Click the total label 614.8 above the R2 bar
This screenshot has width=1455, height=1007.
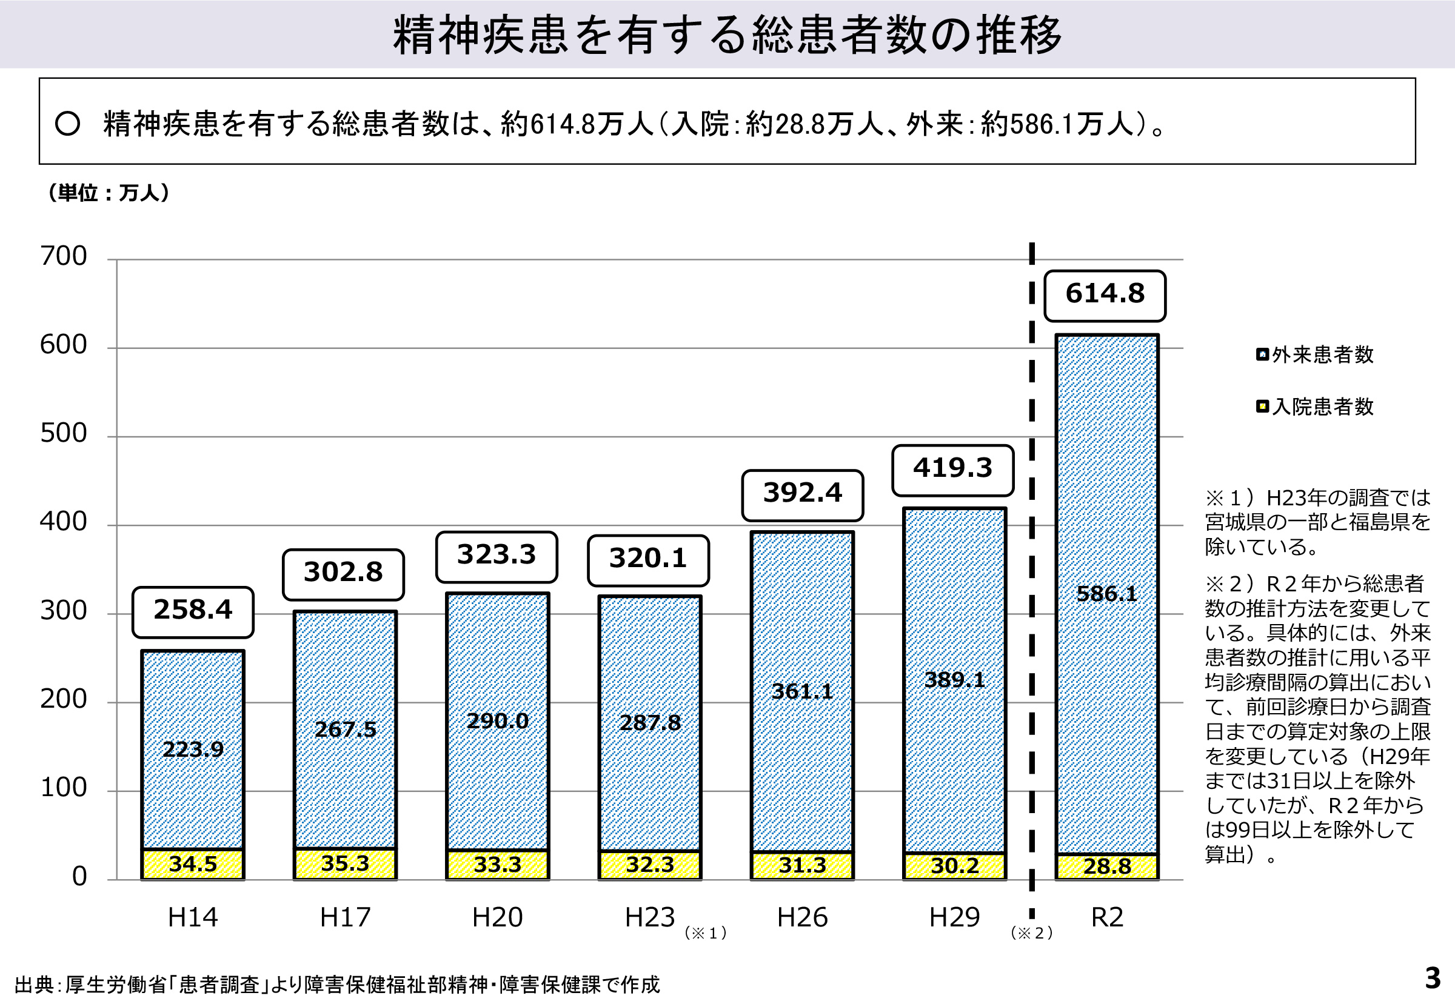1105,294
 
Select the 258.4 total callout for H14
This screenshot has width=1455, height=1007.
193,611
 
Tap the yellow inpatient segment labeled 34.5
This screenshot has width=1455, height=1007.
193,864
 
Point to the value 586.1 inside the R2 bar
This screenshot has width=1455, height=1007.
1106,594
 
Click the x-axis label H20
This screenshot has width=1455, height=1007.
497,917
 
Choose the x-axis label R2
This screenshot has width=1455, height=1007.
1107,917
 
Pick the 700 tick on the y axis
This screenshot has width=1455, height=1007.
63,257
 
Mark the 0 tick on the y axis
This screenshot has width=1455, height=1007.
79,876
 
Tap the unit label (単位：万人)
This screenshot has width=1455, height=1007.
108,193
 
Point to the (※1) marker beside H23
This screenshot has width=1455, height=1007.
706,933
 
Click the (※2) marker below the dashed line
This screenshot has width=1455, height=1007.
1031,933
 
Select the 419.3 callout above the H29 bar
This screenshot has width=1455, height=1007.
952,469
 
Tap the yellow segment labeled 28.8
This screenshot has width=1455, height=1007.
1107,866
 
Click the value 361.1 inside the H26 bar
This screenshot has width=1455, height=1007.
802,691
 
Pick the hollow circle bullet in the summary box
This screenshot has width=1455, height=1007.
67,124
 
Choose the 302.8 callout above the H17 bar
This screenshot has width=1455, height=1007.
343,573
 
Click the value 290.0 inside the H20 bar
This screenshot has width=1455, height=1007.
497,720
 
